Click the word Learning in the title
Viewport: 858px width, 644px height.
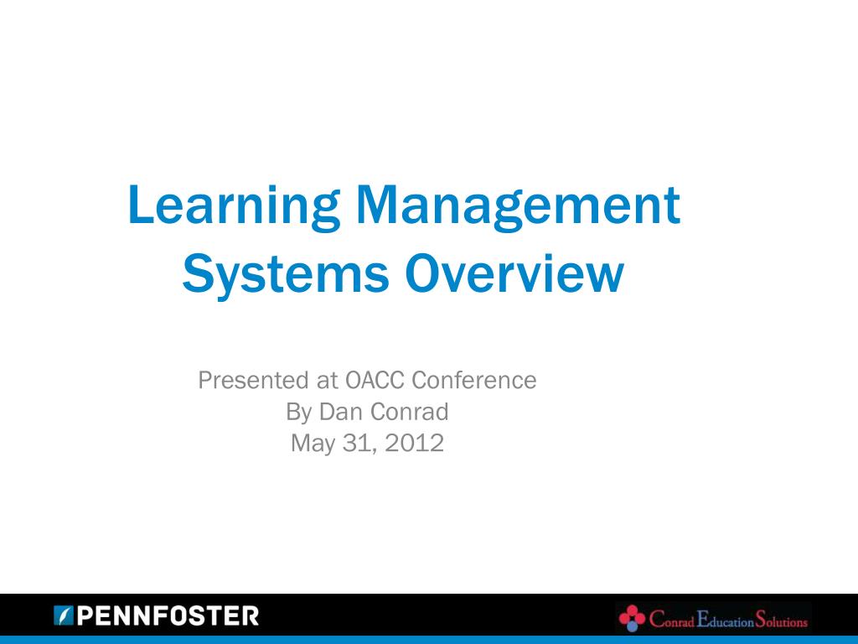233,206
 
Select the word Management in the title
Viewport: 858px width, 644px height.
517,206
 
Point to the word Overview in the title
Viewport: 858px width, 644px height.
514,275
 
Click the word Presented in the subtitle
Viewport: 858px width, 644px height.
253,381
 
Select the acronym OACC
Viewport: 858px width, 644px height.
375,381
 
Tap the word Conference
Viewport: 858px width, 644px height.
474,381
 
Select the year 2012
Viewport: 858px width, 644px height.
411,443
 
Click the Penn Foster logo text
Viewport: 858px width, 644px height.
168,617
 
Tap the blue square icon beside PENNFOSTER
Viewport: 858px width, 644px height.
64,616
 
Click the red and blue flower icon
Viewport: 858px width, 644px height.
632,619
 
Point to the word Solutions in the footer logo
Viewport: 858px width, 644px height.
781,621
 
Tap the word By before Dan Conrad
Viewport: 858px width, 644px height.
298,412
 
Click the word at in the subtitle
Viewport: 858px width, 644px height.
327,381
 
